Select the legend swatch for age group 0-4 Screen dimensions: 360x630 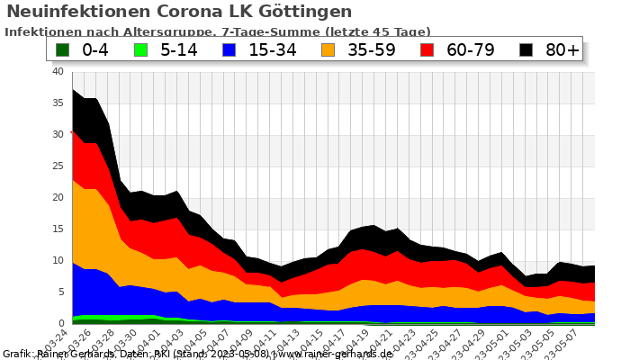pos(62,49)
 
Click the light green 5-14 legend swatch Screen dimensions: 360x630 pos(140,49)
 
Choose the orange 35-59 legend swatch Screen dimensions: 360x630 pos(328,49)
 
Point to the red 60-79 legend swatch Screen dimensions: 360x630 pos(427,49)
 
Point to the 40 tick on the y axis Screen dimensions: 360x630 pos(57,72)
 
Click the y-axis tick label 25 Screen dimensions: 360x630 pos(57,166)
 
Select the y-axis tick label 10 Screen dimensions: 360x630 pos(57,261)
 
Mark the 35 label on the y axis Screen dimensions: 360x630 pos(57,103)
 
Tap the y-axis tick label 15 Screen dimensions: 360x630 pos(57,229)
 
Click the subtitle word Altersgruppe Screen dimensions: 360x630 pos(157,31)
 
